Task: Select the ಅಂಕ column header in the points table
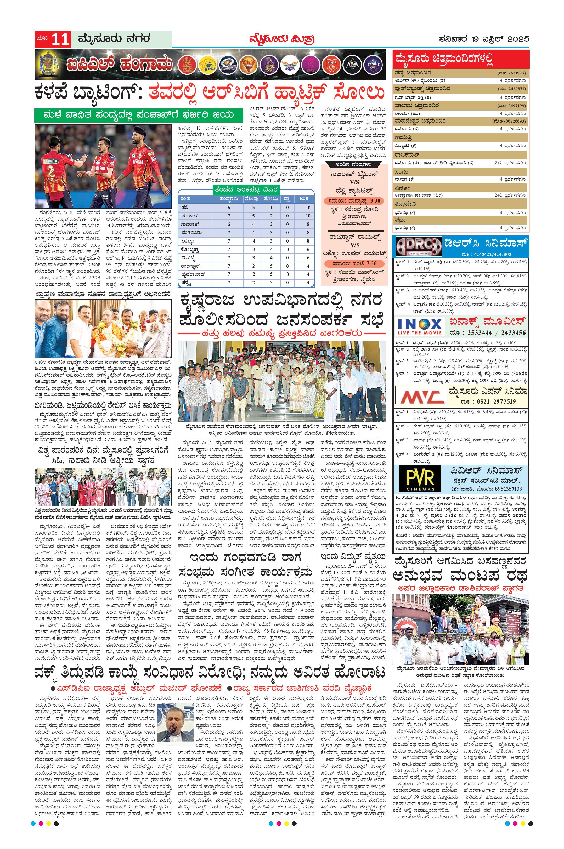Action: coord(308,199)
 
